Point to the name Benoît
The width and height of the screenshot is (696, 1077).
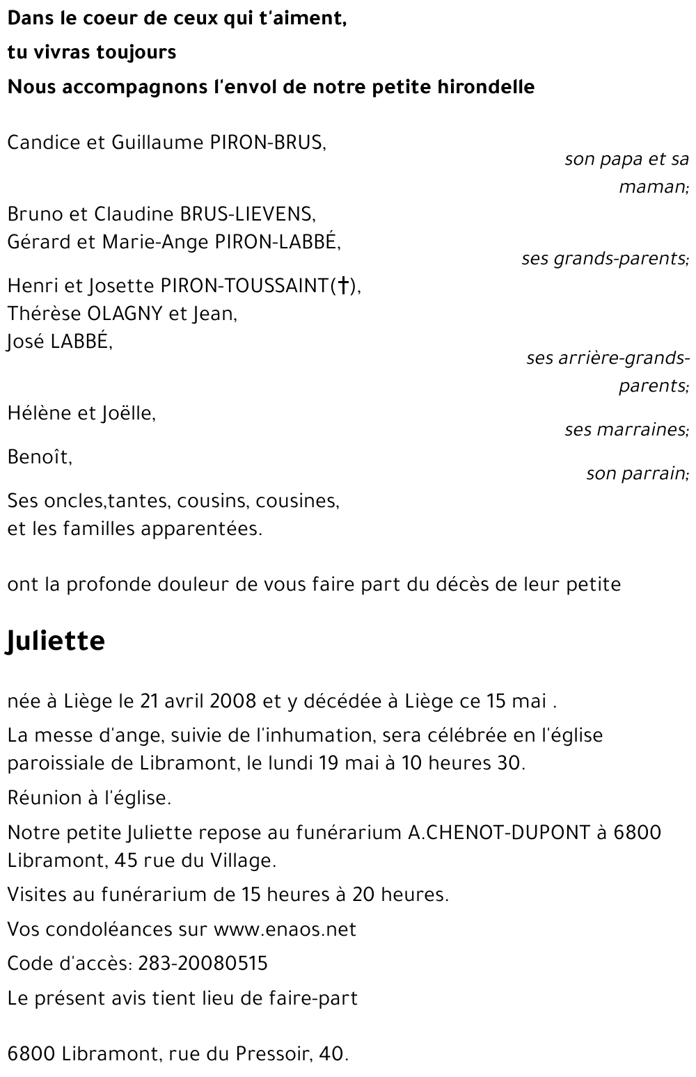pos(38,457)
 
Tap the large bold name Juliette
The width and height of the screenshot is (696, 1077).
pos(56,640)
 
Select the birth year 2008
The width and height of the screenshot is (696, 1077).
pos(233,701)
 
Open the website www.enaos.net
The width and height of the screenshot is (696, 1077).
pos(285,929)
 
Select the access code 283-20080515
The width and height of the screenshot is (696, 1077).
pos(203,964)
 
